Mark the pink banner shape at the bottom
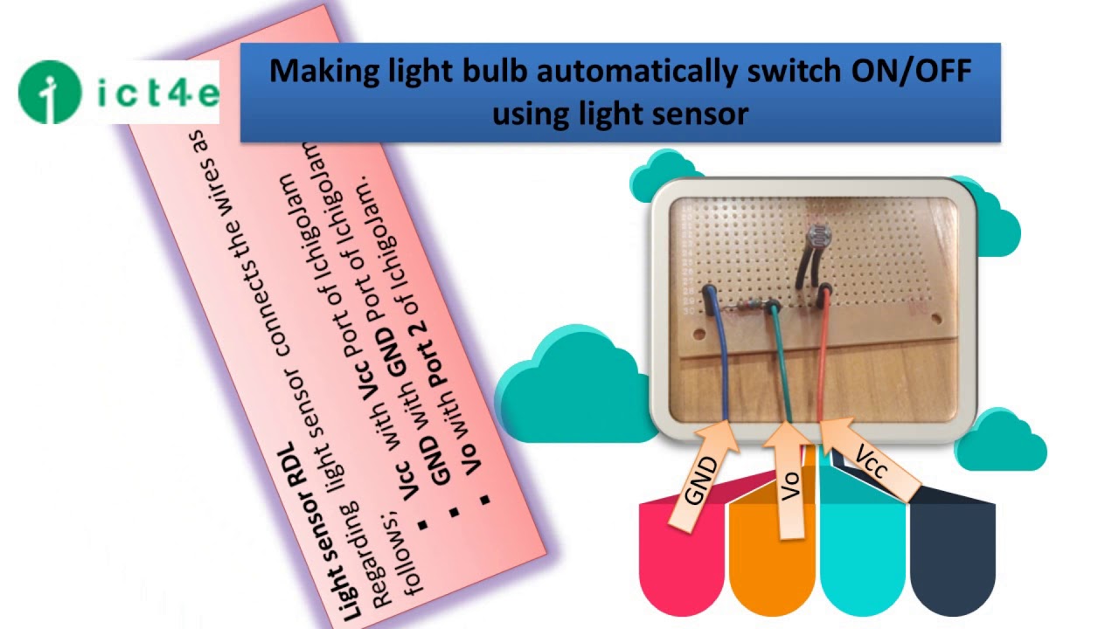click(682, 559)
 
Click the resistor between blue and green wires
click(746, 308)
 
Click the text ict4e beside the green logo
click(157, 92)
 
